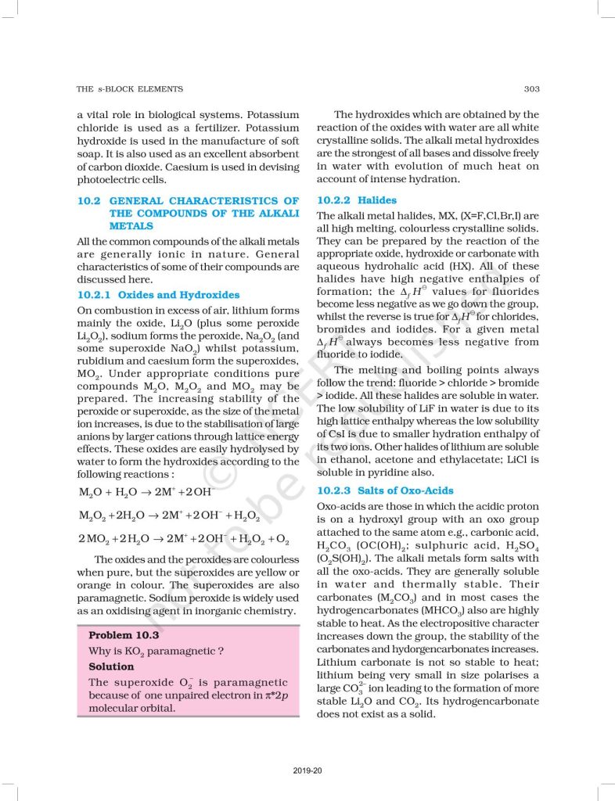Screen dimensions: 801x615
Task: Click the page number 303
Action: pos(531,89)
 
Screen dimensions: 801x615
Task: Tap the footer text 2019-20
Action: pos(307,771)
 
